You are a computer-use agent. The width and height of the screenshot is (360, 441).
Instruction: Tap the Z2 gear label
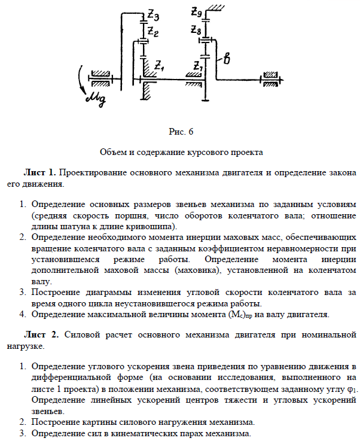point(153,31)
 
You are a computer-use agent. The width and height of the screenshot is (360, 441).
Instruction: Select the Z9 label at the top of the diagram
point(197,11)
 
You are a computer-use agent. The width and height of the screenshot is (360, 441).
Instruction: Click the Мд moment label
point(96,98)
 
